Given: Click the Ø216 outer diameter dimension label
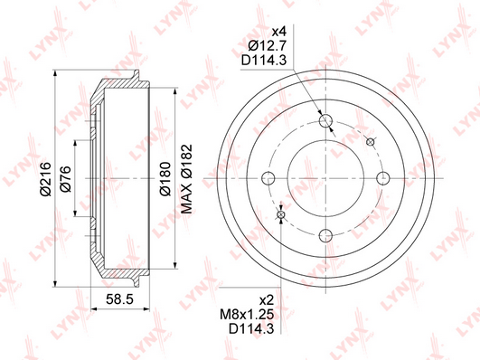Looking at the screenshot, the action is pyautogui.click(x=45, y=178).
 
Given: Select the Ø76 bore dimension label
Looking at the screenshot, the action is pyautogui.click(x=65, y=178).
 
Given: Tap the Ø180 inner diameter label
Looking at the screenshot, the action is pyautogui.click(x=165, y=178).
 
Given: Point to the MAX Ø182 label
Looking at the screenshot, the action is pyautogui.click(x=186, y=178).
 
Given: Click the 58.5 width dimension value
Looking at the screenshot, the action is pyautogui.click(x=119, y=299).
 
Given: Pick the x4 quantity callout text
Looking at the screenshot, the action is pyautogui.click(x=278, y=32).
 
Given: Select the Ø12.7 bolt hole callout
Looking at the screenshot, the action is pyautogui.click(x=267, y=46).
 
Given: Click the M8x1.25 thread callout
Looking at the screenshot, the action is pyautogui.click(x=247, y=315).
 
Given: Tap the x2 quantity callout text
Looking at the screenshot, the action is pyautogui.click(x=266, y=300).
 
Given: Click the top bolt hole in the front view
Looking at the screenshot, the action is pyautogui.click(x=325, y=120).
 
